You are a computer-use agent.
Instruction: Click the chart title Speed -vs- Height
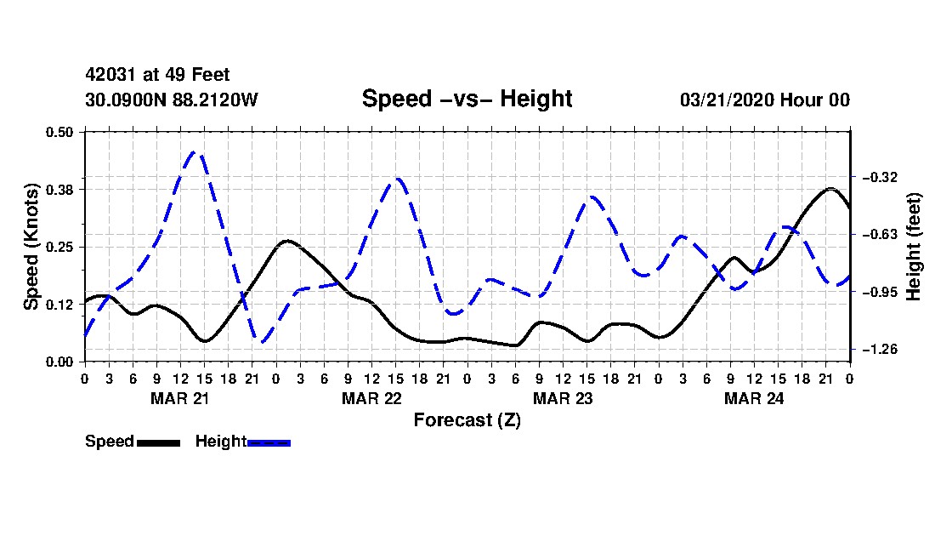tap(467, 99)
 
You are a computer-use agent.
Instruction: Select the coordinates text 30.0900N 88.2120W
tap(172, 100)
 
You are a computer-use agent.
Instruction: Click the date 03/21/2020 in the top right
tap(727, 100)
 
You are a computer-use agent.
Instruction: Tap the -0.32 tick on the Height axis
tap(880, 177)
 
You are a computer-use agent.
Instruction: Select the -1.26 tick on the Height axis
tap(880, 350)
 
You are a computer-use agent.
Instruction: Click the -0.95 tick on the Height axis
tap(880, 293)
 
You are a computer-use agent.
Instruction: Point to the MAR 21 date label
tap(180, 398)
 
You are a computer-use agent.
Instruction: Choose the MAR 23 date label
tap(563, 398)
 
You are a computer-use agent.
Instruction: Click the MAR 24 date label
tap(754, 398)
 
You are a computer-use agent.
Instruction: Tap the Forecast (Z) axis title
tap(467, 420)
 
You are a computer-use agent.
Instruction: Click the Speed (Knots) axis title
tap(31, 247)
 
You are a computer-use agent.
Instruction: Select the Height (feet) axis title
tap(913, 247)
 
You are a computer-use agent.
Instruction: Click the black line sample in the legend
tap(159, 443)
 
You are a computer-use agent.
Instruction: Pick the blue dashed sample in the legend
tap(269, 443)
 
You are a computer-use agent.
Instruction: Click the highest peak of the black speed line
tap(830, 189)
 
